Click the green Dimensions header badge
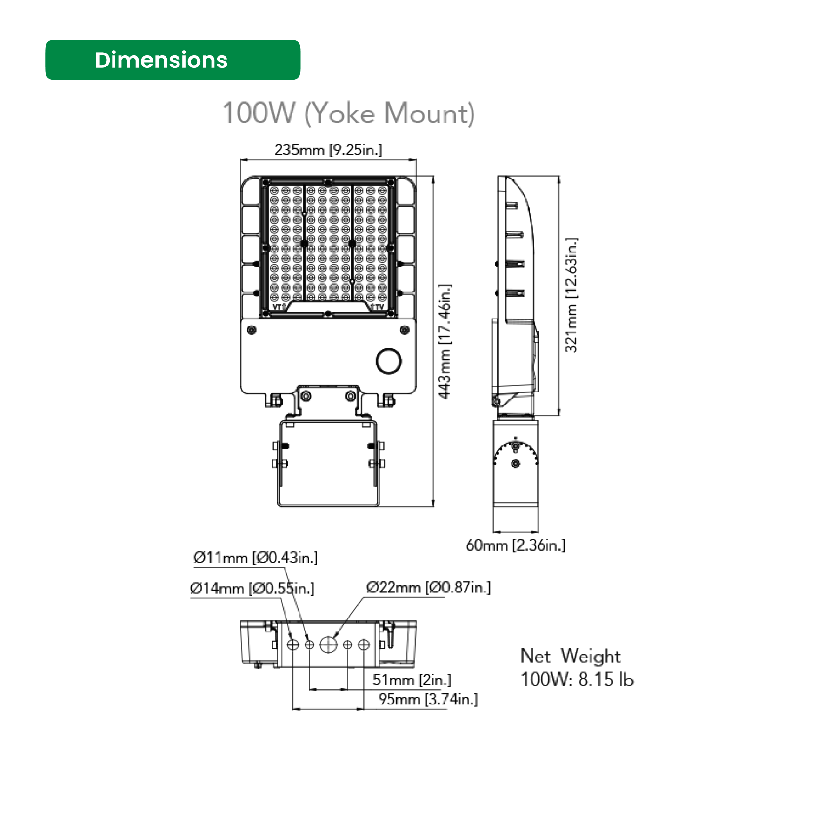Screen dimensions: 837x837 pos(173,60)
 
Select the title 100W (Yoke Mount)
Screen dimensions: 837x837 pos(349,113)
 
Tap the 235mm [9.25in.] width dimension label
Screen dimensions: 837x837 pos(328,150)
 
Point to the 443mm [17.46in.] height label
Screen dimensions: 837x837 pos(445,341)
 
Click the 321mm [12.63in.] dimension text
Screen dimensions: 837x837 pos(571,295)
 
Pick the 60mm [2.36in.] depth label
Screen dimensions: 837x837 pos(515,545)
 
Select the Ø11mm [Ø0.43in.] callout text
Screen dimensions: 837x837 pos(255,557)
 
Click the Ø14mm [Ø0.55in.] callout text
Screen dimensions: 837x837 pos(252,588)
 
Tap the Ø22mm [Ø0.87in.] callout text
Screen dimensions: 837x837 pos(428,587)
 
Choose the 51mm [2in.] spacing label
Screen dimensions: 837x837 pos(412,680)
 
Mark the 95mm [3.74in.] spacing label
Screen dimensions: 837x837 pos(428,699)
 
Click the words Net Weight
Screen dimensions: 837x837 pos(570,656)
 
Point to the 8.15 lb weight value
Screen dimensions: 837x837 pos(606,679)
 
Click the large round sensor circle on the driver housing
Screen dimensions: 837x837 pos(389,361)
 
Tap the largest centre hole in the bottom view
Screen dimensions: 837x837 pos(328,644)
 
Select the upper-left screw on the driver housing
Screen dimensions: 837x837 pos(252,330)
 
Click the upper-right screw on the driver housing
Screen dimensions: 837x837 pos(405,330)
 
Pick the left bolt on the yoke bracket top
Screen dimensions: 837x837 pos(306,396)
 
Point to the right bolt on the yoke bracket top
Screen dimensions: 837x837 pos(351,396)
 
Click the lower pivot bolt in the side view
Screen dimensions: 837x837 pos(515,464)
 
